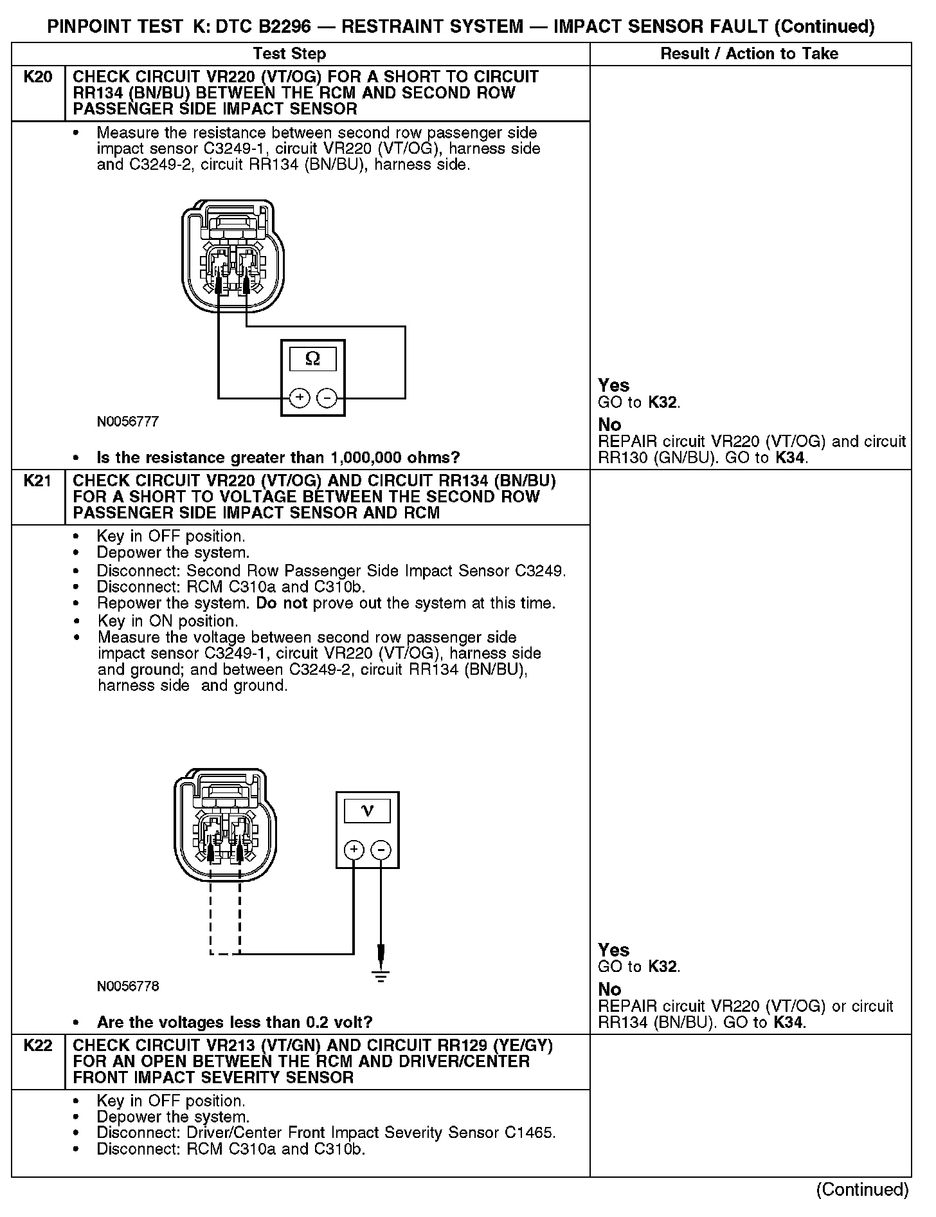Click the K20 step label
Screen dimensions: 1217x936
[x=37, y=77]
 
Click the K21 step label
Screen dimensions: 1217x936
[x=37, y=481]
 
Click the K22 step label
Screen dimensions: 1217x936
[x=37, y=1046]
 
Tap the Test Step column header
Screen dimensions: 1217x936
[x=289, y=54]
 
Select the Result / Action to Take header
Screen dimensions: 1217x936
[x=750, y=54]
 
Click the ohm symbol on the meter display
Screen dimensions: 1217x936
[x=313, y=359]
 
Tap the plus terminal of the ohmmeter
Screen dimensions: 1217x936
[x=300, y=398]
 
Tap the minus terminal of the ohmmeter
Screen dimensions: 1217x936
[x=327, y=398]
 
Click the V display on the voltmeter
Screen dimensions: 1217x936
[x=367, y=810]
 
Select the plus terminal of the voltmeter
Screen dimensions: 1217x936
[x=354, y=850]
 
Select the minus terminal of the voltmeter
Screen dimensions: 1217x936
[x=381, y=850]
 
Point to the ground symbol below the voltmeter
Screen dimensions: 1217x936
[x=381, y=977]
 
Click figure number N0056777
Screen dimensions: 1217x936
[x=128, y=422]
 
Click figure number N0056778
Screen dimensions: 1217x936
[x=128, y=986]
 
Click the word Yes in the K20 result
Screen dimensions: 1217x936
[x=613, y=385]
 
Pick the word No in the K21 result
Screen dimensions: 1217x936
[x=609, y=989]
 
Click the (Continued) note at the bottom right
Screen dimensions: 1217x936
[x=863, y=1190]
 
